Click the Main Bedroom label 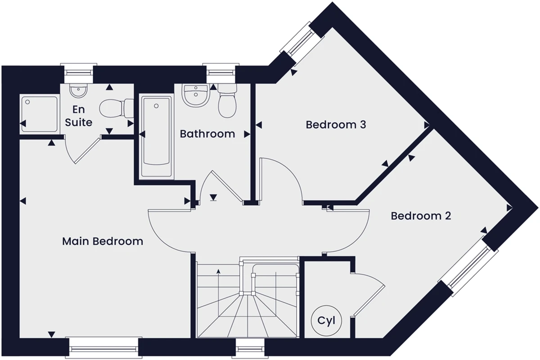pos(103,241)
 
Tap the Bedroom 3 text pos(336,125)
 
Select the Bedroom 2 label pos(421,216)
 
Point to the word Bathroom pos(207,134)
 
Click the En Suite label pos(79,116)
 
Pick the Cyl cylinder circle pos(326,320)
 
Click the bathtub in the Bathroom pos(156,136)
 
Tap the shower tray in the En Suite pos(40,114)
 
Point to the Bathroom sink pos(195,95)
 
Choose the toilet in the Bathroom pos(227,101)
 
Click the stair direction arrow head pos(218,271)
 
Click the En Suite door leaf pos(88,151)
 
